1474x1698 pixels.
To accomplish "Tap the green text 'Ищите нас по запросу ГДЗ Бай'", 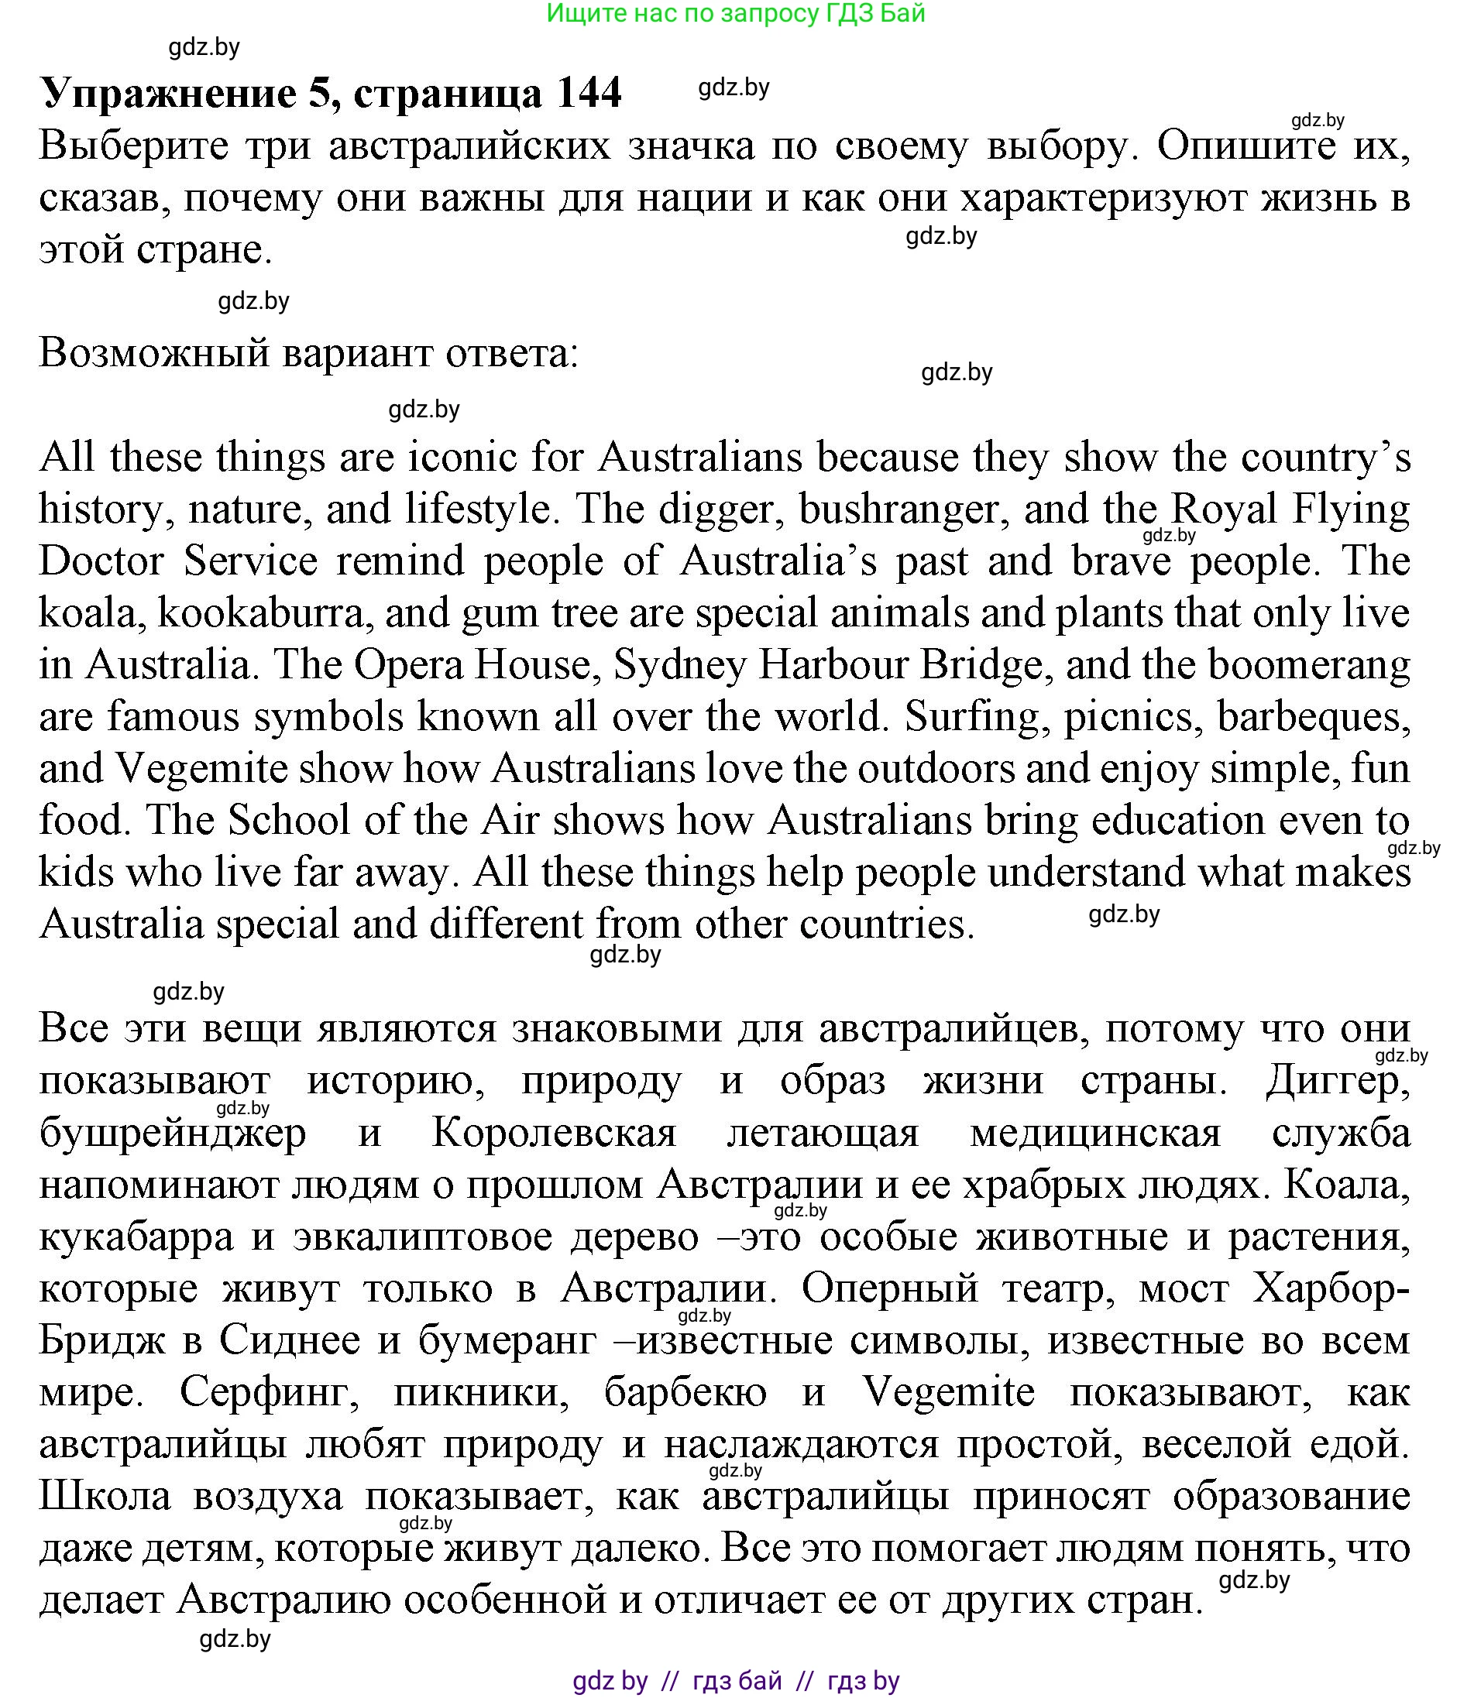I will [736, 13].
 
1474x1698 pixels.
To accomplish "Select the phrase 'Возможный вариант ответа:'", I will [309, 354].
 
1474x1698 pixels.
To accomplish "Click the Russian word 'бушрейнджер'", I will [173, 1133].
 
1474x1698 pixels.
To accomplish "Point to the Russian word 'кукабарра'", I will [136, 1237].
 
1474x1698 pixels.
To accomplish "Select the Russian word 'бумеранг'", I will [507, 1340].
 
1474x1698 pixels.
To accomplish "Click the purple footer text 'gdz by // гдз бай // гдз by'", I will [736, 1681].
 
